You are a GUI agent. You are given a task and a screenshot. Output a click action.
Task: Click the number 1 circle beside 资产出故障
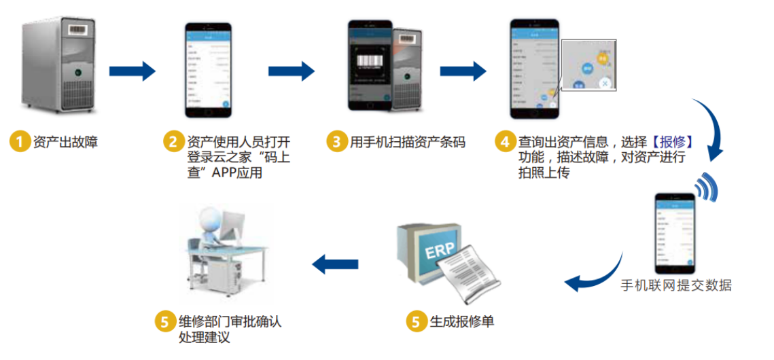click(x=20, y=142)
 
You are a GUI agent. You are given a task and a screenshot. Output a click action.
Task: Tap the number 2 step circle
click(x=173, y=142)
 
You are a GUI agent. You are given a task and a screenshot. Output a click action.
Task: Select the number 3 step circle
click(x=336, y=142)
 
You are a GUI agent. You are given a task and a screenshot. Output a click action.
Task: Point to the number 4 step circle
click(x=504, y=142)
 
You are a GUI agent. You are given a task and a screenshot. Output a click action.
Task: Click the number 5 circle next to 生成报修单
click(x=416, y=321)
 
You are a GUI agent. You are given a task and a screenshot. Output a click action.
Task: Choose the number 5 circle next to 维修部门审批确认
click(x=164, y=321)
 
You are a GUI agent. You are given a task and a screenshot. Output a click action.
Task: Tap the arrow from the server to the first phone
click(x=132, y=70)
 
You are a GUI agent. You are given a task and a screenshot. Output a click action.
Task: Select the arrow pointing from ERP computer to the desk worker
click(x=334, y=264)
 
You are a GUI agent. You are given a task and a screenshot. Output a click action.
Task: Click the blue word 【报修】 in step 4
click(x=671, y=142)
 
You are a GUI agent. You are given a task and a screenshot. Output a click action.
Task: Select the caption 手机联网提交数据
click(x=676, y=285)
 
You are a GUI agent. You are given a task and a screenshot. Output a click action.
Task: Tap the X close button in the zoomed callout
click(x=604, y=84)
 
